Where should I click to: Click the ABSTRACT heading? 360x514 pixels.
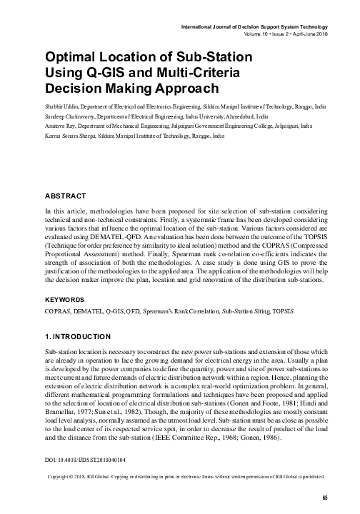tap(65, 196)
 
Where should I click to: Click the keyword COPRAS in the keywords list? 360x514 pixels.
tap(59, 331)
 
